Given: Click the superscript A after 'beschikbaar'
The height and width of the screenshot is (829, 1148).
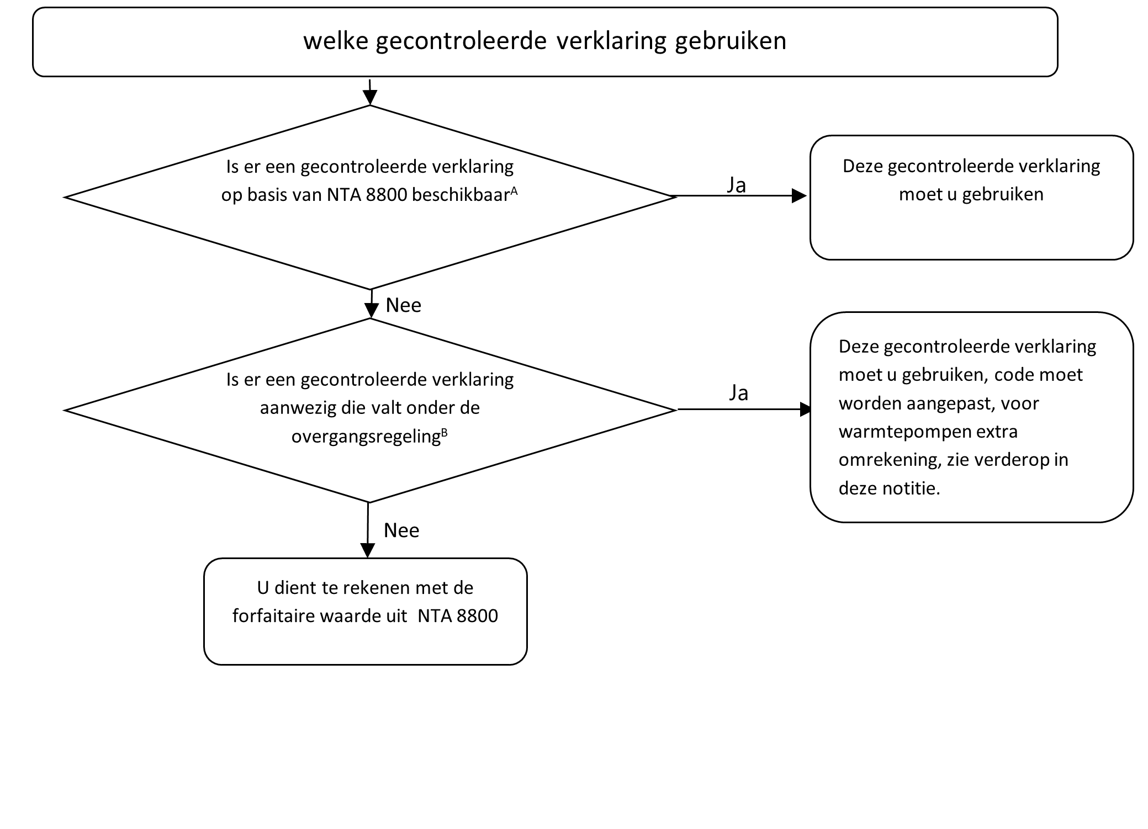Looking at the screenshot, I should pos(514,190).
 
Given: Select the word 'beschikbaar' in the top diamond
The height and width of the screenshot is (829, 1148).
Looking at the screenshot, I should pos(461,195).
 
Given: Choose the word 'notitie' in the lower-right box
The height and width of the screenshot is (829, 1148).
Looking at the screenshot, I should pos(914,488).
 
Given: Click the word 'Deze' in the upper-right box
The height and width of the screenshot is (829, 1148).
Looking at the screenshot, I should pos(862,166).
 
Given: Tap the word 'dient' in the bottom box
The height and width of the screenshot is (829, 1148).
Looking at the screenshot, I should pos(299,588).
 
